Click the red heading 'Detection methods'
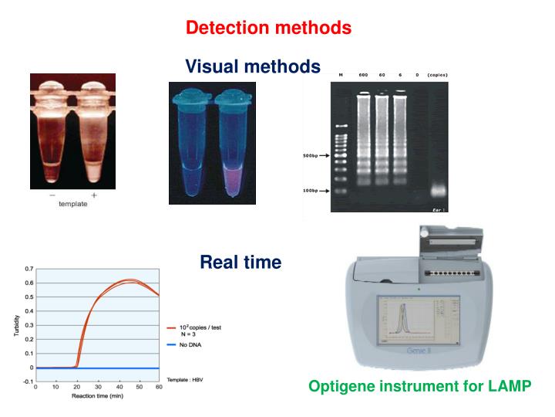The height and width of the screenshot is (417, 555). tap(268, 28)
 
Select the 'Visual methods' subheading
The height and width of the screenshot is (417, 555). tap(252, 67)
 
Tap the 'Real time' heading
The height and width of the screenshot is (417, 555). tap(240, 263)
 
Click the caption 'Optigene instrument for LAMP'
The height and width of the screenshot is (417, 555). tap(419, 386)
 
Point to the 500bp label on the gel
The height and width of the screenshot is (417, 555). tap(311, 155)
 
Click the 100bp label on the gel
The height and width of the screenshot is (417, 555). tap(311, 190)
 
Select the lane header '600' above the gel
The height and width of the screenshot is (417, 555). tap(362, 75)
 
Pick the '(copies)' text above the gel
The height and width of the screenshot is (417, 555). tap(437, 75)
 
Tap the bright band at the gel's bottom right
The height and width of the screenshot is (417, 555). tap(437, 190)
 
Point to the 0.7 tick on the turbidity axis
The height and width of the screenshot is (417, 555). tap(29, 269)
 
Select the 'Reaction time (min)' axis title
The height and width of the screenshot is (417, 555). tap(97, 397)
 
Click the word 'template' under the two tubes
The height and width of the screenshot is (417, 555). tap(74, 204)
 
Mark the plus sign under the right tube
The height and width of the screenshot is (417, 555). tap(94, 195)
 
